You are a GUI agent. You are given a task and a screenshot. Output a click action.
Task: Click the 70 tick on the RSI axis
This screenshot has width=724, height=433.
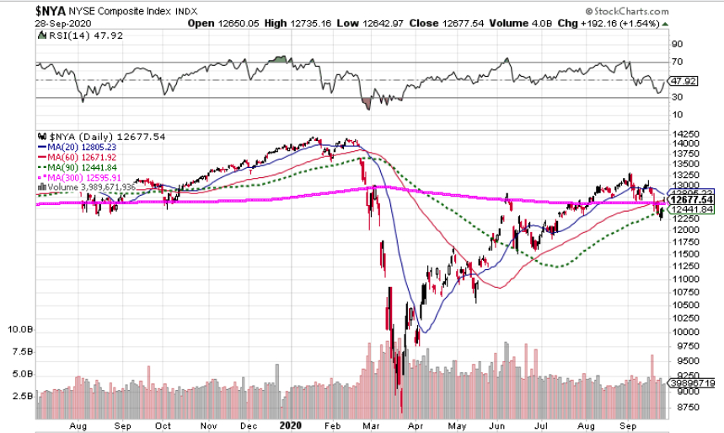[676, 62]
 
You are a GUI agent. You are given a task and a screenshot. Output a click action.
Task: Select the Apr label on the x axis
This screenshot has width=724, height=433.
[415, 426]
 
